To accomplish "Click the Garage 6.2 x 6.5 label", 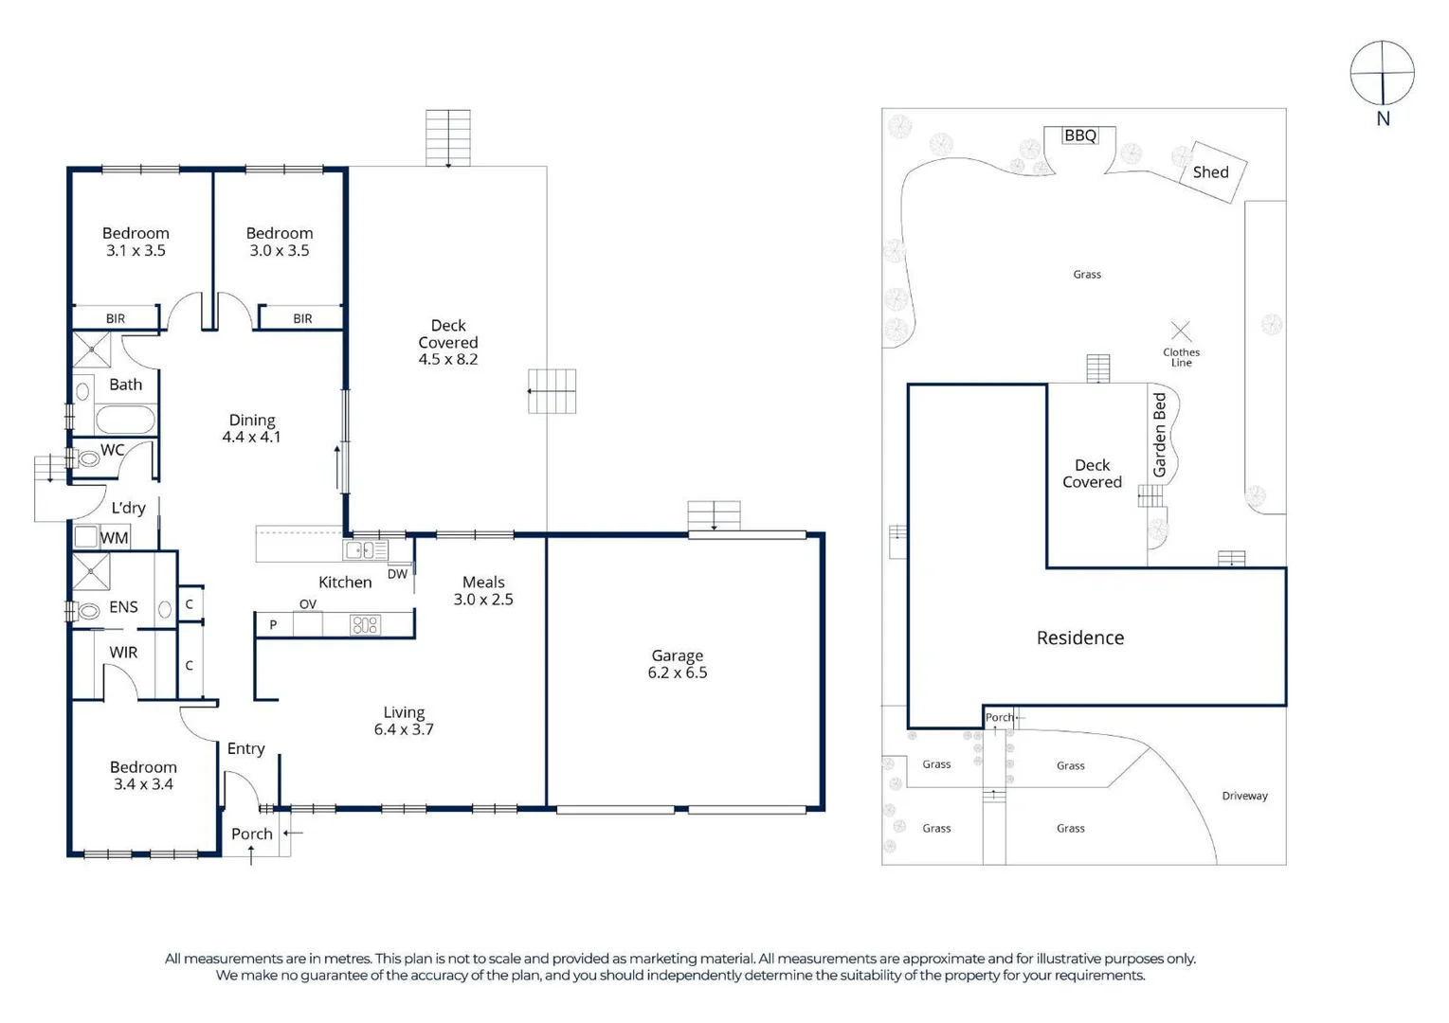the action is click(678, 664).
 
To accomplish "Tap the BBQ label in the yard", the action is click(1080, 135).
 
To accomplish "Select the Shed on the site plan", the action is click(1210, 172).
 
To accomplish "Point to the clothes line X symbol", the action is click(1181, 331).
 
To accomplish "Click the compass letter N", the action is click(1383, 119).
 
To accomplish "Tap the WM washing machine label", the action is click(115, 538).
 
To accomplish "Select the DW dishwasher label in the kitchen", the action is click(397, 574).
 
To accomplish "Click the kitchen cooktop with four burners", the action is click(365, 624).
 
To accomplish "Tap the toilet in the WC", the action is click(87, 458).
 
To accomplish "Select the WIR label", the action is click(123, 653).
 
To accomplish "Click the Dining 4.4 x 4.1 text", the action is click(252, 428).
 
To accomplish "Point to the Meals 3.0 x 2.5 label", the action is click(483, 590).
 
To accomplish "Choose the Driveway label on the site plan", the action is click(1244, 796).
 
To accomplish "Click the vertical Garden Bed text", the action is click(1159, 435).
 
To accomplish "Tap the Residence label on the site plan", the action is click(1080, 638).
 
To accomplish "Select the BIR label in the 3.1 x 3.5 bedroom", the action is click(116, 318).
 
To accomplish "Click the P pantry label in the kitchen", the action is click(273, 624).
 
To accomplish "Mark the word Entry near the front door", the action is click(245, 749).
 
